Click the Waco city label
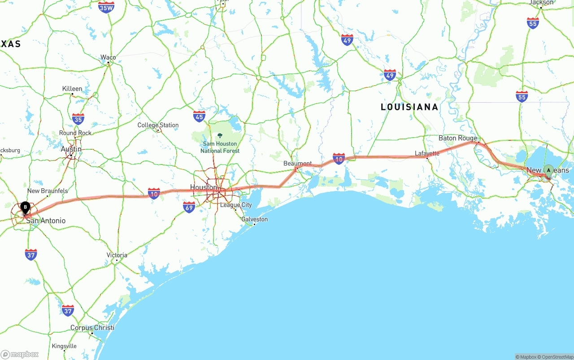(108, 57)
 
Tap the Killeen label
(72, 89)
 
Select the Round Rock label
(75, 133)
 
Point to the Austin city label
(71, 149)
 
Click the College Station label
(158, 126)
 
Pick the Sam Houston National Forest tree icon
(220, 135)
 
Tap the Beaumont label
(297, 164)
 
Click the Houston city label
(204, 187)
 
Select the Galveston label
(254, 219)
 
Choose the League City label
(236, 205)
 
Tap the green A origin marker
(548, 170)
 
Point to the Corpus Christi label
(92, 328)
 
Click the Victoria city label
(117, 255)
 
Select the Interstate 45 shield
(200, 117)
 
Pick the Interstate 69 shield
(189, 207)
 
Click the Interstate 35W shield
(106, 7)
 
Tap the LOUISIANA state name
(409, 107)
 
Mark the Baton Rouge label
(458, 138)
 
